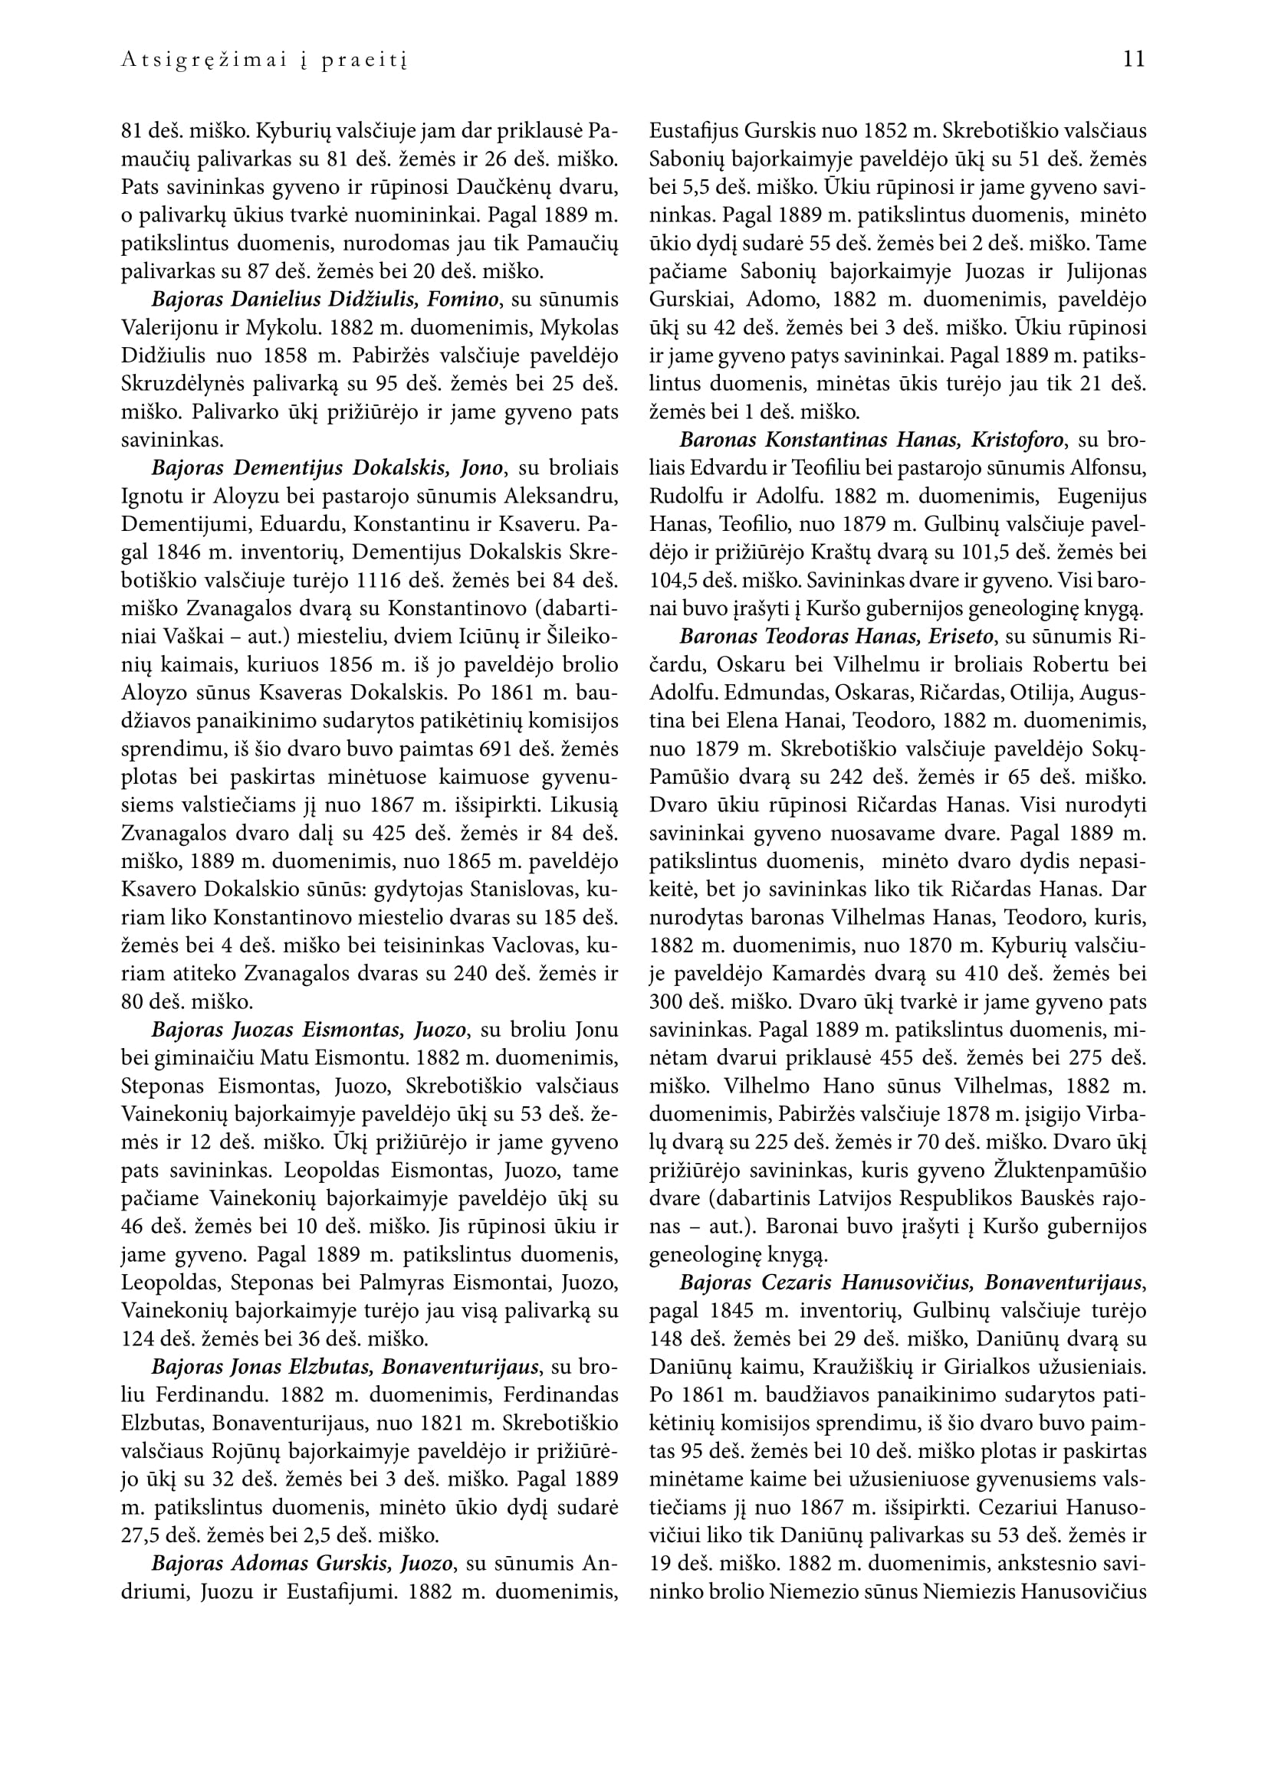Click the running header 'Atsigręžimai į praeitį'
point(264,61)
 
